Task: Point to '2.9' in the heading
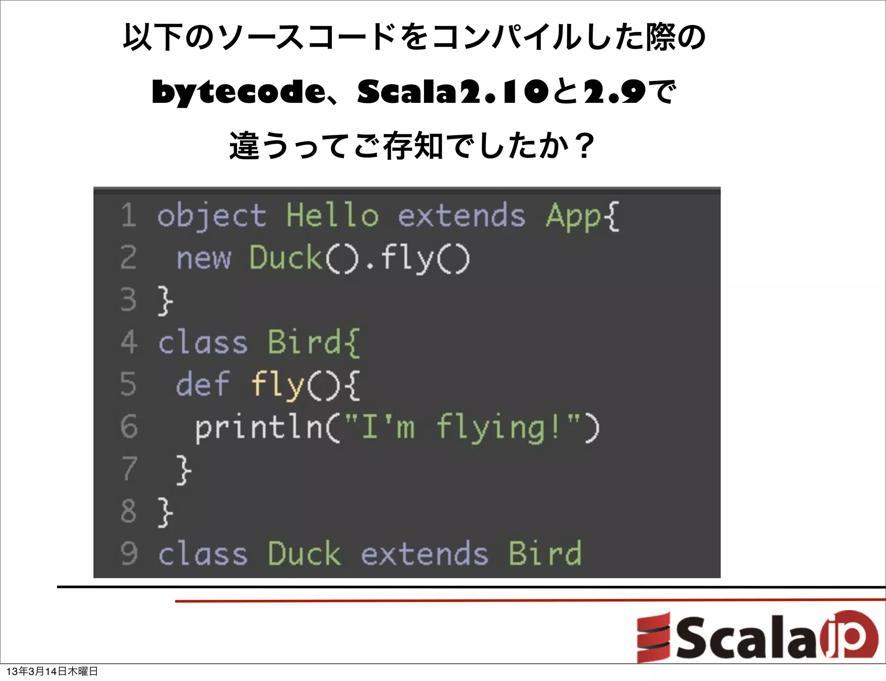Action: click(614, 92)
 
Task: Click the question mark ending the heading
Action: click(585, 146)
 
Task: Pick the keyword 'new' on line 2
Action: click(203, 258)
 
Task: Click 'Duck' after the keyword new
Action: click(286, 258)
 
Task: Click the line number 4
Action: click(129, 342)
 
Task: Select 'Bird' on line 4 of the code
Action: click(305, 342)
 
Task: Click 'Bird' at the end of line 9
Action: click(545, 553)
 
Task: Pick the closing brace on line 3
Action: click(165, 300)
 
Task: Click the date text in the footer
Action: click(52, 671)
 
